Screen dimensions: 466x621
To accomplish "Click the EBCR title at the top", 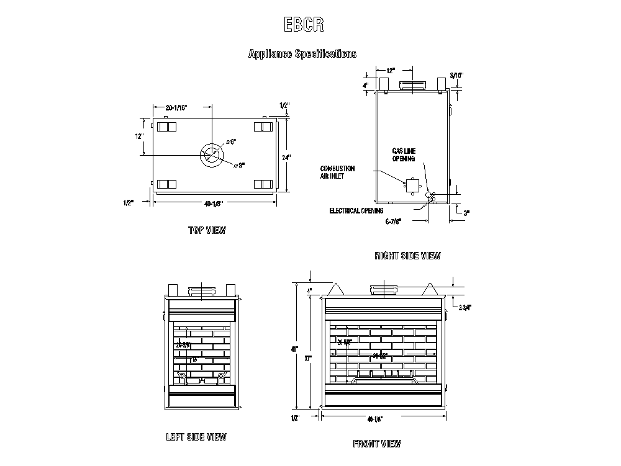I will point(304,25).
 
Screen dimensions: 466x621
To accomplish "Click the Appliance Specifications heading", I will point(302,54).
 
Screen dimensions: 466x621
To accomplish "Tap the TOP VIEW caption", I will point(207,231).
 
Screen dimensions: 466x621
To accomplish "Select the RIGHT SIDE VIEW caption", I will point(407,256).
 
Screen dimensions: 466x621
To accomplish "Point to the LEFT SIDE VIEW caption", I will point(196,437).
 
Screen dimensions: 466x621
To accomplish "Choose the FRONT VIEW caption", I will point(377,444).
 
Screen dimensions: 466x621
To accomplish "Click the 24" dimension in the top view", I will point(286,158).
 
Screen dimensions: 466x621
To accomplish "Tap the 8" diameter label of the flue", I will point(242,165).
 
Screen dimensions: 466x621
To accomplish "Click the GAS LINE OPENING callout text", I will point(404,155).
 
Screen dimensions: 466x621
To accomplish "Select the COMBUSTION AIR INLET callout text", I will point(338,172).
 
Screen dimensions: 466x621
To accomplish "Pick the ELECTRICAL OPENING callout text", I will point(356,211).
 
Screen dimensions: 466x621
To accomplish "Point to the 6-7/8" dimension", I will point(394,221).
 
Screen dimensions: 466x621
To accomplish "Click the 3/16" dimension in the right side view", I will point(457,75).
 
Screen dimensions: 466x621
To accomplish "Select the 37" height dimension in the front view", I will point(309,357).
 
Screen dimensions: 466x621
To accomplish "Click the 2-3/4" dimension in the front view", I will point(465,307).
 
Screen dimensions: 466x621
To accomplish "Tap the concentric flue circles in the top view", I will point(212,155).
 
